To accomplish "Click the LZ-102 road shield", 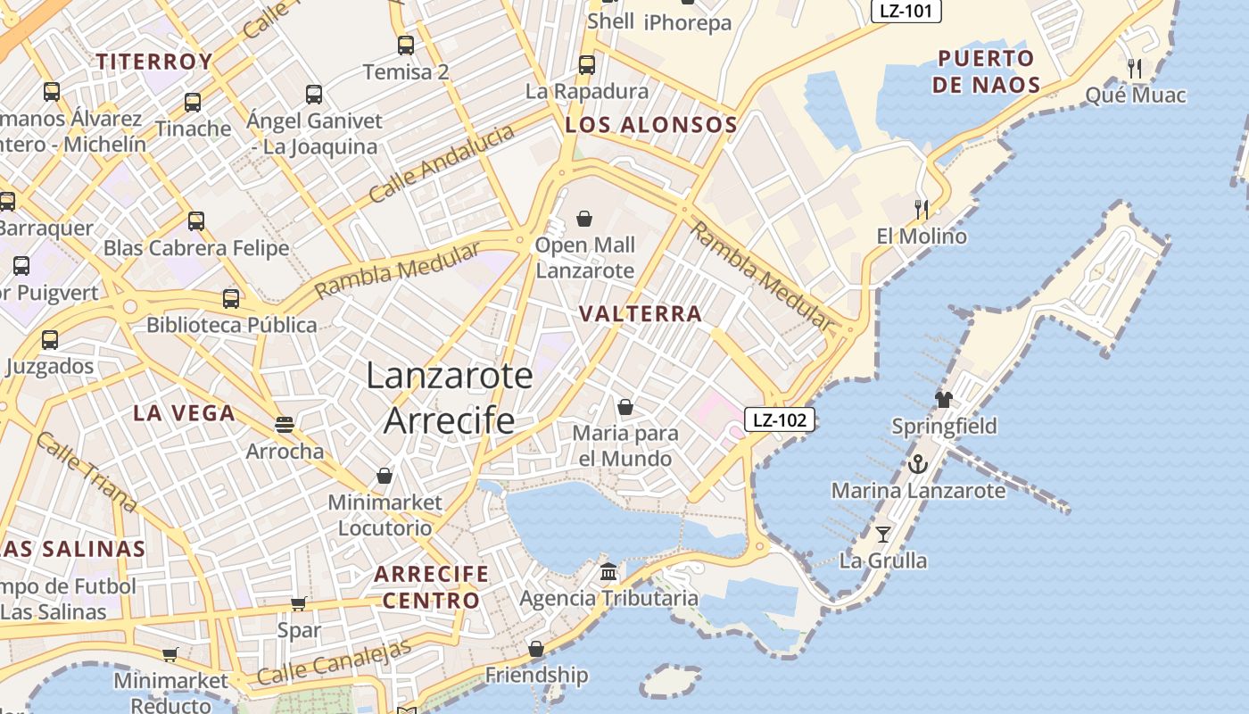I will pyautogui.click(x=780, y=419).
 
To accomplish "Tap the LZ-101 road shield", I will pyautogui.click(x=906, y=11).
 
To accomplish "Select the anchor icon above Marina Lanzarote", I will pyautogui.click(x=917, y=464).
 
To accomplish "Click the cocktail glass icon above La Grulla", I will pyautogui.click(x=883, y=535).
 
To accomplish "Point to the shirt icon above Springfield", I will pyautogui.click(x=944, y=399).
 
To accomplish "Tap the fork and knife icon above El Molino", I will pyautogui.click(x=922, y=210).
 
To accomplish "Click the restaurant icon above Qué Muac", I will pyautogui.click(x=1135, y=68).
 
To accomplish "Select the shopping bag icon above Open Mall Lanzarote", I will pyautogui.click(x=584, y=219).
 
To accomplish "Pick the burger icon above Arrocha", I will pyautogui.click(x=285, y=424).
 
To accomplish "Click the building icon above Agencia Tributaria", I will pyautogui.click(x=608, y=571).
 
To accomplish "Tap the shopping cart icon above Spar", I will pyautogui.click(x=298, y=604).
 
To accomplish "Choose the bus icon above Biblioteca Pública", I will pyautogui.click(x=231, y=298).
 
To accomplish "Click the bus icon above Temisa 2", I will pyautogui.click(x=406, y=45).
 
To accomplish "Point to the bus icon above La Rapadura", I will pyautogui.click(x=586, y=64).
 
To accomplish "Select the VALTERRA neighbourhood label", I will pyautogui.click(x=641, y=314).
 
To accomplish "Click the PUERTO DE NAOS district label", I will pyautogui.click(x=986, y=72).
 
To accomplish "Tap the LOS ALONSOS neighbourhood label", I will pyautogui.click(x=651, y=125).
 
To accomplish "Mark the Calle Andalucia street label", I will pyautogui.click(x=442, y=163).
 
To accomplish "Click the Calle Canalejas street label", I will pyautogui.click(x=335, y=662).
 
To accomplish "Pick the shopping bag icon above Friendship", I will pyautogui.click(x=536, y=649).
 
